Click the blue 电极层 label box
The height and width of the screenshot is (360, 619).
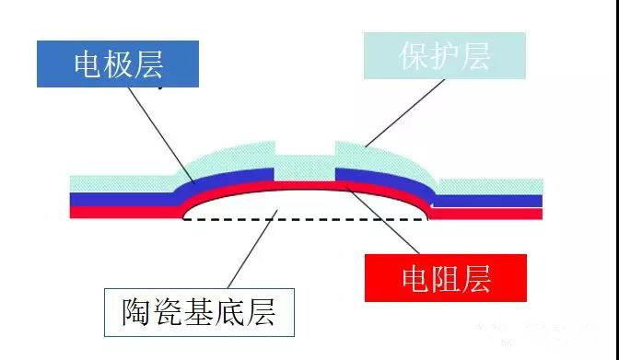pyautogui.click(x=118, y=64)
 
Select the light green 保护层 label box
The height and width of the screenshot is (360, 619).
pyautogui.click(x=445, y=55)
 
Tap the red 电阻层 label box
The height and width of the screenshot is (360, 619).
pyautogui.click(x=446, y=278)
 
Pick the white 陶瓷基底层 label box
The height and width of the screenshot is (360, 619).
pyautogui.click(x=199, y=312)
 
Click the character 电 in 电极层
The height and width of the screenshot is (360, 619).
pyautogui.click(x=88, y=64)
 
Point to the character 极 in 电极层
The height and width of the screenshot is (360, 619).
pyautogui.click(x=119, y=64)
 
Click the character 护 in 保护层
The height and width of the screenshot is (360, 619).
pyautogui.click(x=445, y=56)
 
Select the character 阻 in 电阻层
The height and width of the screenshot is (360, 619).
pyautogui.click(x=446, y=279)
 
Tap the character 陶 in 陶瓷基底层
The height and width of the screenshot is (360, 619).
pyautogui.click(x=137, y=312)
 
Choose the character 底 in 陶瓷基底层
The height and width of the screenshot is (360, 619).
pyautogui.click(x=229, y=312)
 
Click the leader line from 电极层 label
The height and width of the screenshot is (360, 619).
pyautogui.click(x=161, y=135)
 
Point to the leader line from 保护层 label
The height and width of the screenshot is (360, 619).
pyautogui.click(x=405, y=113)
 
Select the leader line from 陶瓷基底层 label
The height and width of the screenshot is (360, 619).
pyautogui.click(x=252, y=250)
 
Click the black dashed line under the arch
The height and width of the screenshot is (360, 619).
pyautogui.click(x=306, y=219)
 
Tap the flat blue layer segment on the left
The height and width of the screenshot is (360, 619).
pyautogui.click(x=123, y=199)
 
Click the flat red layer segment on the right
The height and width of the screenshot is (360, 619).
pyautogui.click(x=485, y=214)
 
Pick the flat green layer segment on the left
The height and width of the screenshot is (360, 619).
pyautogui.click(x=122, y=184)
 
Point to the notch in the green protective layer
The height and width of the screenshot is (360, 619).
pyautogui.click(x=305, y=148)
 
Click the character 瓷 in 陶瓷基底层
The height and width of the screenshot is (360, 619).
pyautogui.click(x=168, y=312)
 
